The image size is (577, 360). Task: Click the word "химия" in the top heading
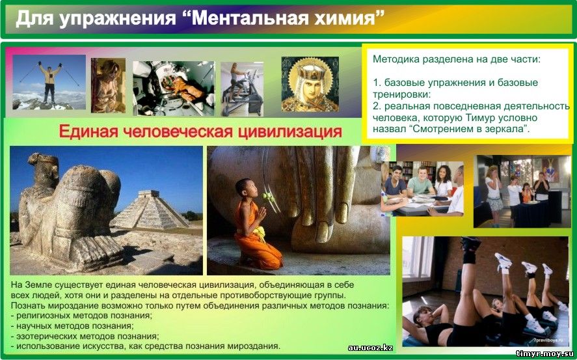tap(344, 18)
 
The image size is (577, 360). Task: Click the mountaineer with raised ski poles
tap(50, 83)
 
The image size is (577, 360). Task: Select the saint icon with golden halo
tap(310, 84)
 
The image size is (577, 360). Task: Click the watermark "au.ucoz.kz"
tap(370, 348)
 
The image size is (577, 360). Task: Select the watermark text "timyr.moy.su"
tap(544, 353)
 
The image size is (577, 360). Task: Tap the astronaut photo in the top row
tap(173, 89)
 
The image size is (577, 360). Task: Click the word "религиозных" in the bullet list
tap(40, 316)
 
